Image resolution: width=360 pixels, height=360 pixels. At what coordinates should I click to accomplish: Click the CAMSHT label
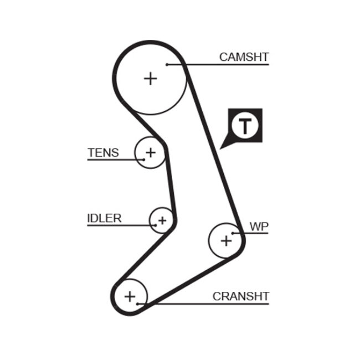[244, 56]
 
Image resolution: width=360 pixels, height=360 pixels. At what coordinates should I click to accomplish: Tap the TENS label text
[103, 152]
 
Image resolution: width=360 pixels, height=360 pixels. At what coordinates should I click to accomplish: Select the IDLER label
[104, 218]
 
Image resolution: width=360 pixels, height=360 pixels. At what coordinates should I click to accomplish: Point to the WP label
[258, 226]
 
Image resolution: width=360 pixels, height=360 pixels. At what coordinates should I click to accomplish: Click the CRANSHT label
[240, 296]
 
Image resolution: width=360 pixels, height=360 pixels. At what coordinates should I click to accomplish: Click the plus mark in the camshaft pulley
[150, 78]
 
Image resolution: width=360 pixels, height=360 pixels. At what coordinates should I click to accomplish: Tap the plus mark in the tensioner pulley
[150, 152]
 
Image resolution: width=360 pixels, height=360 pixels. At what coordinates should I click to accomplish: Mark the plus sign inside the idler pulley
[162, 221]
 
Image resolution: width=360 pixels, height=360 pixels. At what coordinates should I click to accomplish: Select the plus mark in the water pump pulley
[226, 240]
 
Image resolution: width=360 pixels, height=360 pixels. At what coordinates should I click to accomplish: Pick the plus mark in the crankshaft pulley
[130, 296]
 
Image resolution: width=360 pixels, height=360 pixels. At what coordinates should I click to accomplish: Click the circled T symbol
[244, 126]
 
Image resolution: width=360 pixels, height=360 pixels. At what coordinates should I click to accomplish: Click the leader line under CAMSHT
[222, 65]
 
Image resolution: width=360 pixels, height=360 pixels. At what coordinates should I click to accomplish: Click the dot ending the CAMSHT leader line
[166, 65]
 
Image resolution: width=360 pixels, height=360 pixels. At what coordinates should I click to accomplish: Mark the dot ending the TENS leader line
[143, 160]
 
